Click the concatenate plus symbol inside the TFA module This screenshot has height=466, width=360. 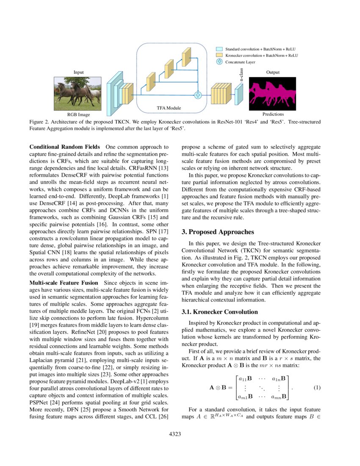(x=197, y=95)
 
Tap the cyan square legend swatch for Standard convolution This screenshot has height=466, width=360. (x=219, y=50)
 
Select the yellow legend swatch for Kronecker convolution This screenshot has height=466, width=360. (x=219, y=55)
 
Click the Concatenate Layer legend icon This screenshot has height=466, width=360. (x=219, y=62)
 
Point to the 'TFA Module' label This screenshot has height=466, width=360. (x=169, y=108)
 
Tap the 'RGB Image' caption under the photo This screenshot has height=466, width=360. (x=79, y=114)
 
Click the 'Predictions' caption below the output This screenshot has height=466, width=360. (x=273, y=114)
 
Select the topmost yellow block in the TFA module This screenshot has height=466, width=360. (x=186, y=57)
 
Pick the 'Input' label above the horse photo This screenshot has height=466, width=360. (x=78, y=72)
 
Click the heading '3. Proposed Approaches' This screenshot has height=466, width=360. (x=218, y=232)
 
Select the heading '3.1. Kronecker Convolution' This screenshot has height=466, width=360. (x=219, y=312)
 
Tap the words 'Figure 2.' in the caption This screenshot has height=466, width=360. (x=39, y=122)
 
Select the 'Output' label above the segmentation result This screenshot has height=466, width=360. (x=273, y=72)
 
